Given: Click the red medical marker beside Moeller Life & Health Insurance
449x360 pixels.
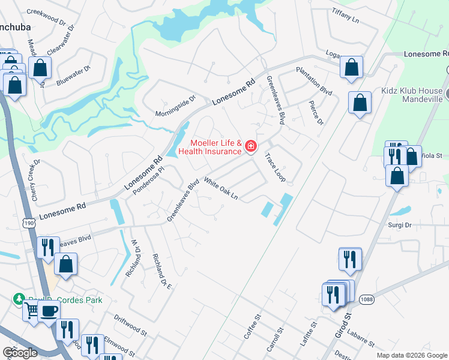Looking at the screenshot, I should click(250, 146).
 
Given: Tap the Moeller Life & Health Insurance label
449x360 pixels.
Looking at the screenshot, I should click(215, 147).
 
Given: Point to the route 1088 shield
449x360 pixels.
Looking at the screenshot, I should click(367, 299).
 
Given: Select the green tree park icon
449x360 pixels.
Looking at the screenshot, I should click(19, 299).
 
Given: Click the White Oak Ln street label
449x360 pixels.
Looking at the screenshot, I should click(221, 188).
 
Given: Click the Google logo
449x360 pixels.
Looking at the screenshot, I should click(20, 353).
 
